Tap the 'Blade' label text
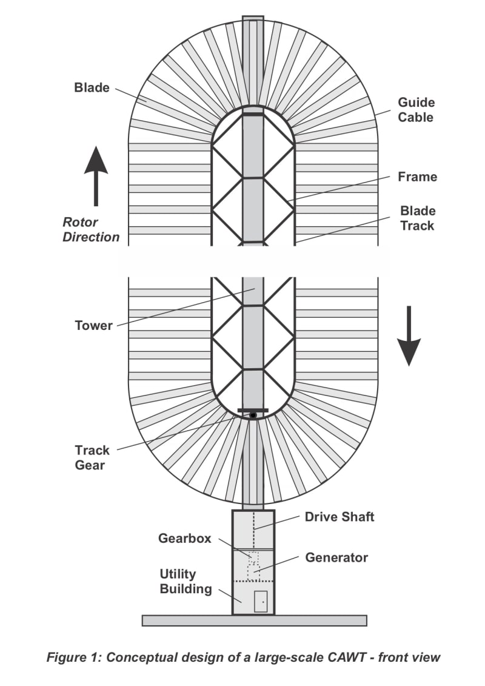tap(92, 87)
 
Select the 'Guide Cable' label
tap(416, 110)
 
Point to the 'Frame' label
tap(417, 177)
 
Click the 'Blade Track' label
tap(418, 218)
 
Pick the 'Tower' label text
tap(93, 326)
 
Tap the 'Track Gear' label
tap(92, 457)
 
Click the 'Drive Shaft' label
tap(339, 517)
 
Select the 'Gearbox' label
tap(184, 538)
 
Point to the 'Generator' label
tap(336, 557)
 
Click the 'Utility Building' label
tap(186, 580)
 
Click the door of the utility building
tap(261, 601)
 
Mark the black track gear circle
tap(253, 415)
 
